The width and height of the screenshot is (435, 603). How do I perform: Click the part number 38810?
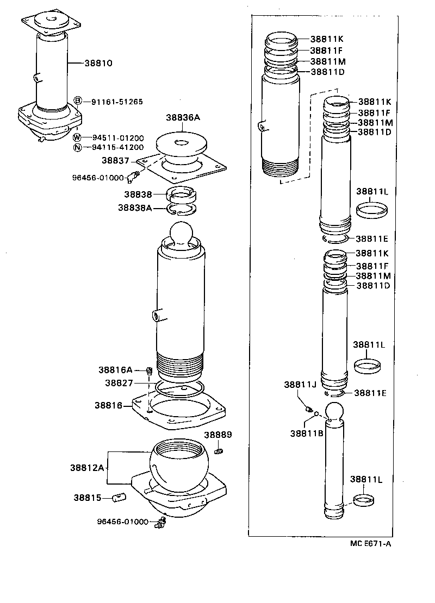[98, 63]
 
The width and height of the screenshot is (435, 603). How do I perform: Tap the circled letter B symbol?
[78, 101]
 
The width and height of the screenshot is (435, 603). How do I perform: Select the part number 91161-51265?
[117, 102]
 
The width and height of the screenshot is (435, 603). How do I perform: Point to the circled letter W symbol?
[78, 137]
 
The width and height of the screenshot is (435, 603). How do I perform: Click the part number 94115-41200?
[117, 147]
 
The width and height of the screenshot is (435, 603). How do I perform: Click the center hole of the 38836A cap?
[182, 143]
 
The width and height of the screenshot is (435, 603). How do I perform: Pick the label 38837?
[115, 160]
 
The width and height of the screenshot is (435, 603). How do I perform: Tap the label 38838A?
[135, 208]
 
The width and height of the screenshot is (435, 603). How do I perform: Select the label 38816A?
[115, 370]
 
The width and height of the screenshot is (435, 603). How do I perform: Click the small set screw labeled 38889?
[219, 450]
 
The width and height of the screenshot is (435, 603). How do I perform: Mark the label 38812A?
[86, 467]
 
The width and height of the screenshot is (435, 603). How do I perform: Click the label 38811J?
[300, 385]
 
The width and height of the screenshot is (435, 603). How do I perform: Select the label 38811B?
[306, 433]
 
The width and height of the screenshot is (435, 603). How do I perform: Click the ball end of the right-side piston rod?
[335, 413]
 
